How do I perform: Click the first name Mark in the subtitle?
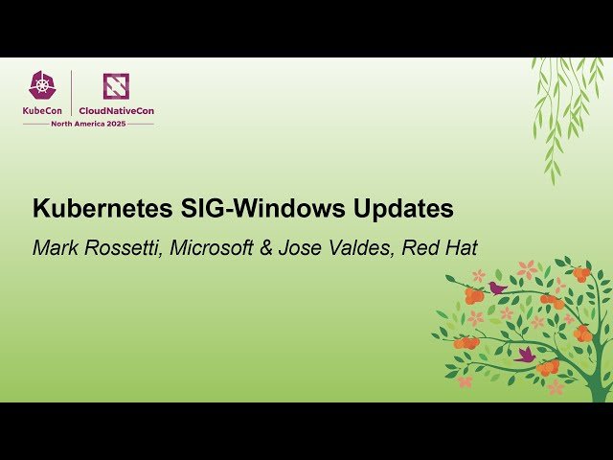(54, 248)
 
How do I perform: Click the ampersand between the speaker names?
(263, 248)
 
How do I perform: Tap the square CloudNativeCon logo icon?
(116, 86)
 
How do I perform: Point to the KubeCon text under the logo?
(44, 110)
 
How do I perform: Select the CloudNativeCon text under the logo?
(116, 110)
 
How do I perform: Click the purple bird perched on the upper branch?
(497, 287)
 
